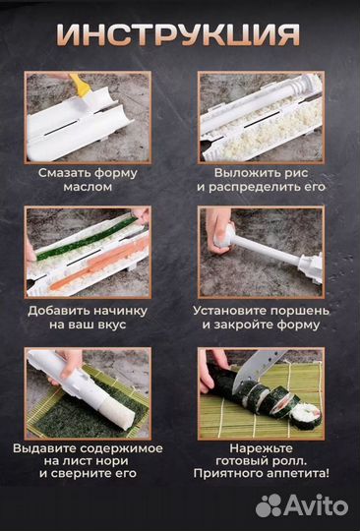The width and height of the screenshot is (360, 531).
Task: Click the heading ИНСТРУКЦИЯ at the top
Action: [x=179, y=35]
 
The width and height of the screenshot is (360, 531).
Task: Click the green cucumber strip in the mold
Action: [x=93, y=236]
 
